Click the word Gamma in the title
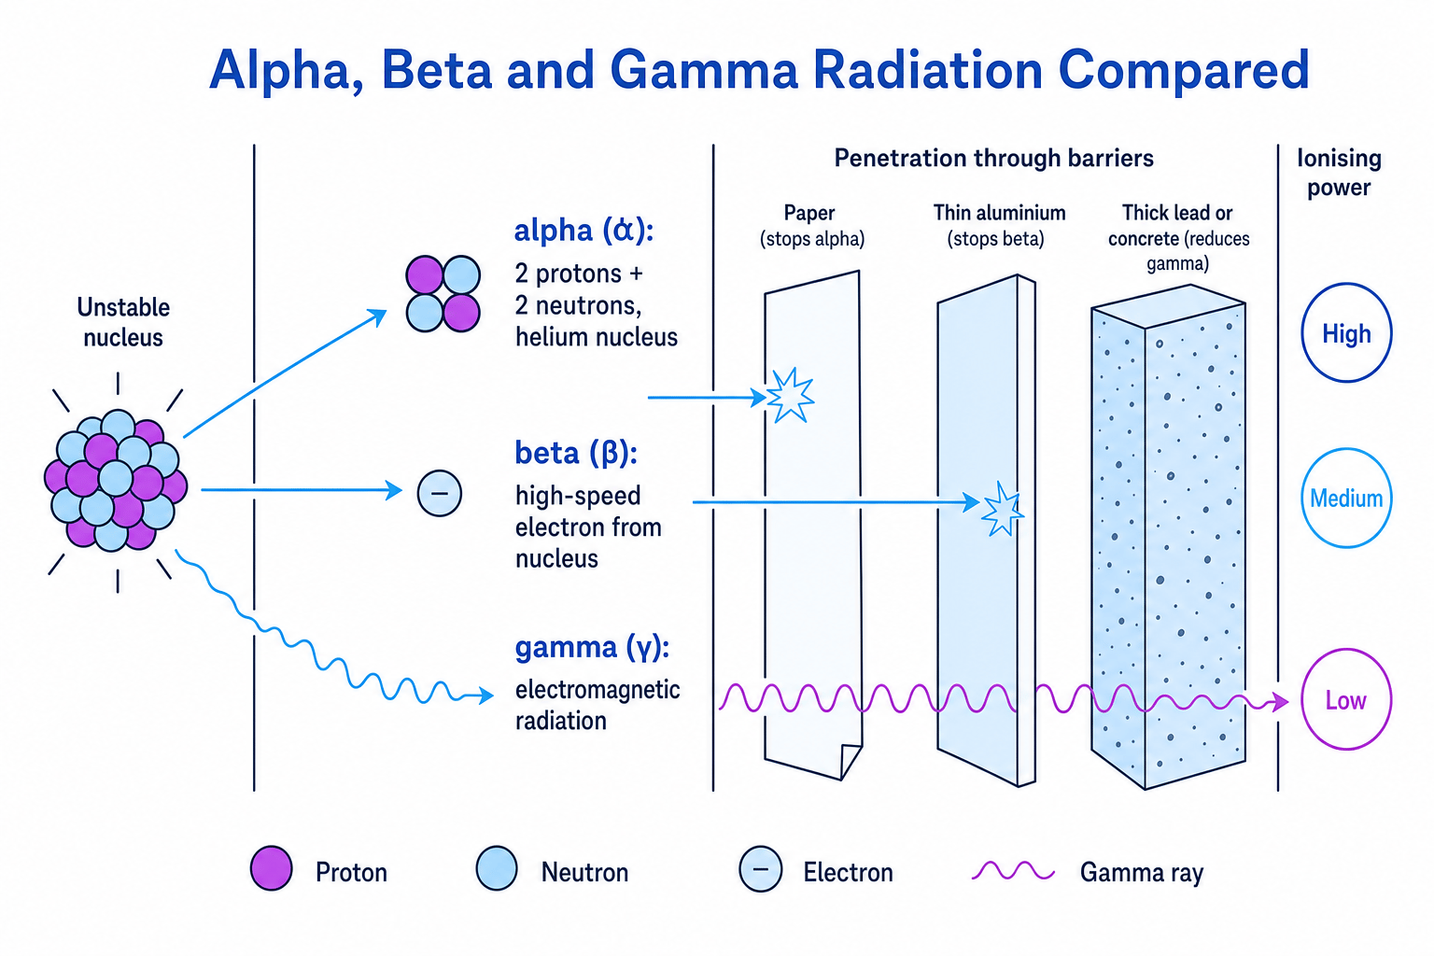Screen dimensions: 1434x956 click(x=704, y=70)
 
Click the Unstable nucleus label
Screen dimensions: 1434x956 click(x=123, y=322)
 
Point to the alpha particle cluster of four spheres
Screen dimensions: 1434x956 click(x=443, y=294)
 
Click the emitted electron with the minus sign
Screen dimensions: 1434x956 click(x=439, y=493)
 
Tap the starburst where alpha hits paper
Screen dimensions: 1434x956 click(x=791, y=396)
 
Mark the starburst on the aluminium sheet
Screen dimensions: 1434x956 click(x=1001, y=509)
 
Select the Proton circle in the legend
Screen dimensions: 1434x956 click(x=272, y=868)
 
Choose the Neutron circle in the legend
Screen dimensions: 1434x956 click(x=497, y=868)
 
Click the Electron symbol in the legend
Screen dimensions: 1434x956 click(x=761, y=869)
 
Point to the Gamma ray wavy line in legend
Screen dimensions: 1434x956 click(x=1013, y=872)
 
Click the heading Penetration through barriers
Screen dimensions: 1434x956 click(x=993, y=158)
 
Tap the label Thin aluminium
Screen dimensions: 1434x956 click(x=999, y=213)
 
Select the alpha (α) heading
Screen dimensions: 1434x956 click(x=583, y=231)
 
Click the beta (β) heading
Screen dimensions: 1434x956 click(x=576, y=454)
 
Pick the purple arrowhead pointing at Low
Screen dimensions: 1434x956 click(x=1280, y=702)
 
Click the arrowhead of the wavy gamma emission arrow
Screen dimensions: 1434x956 click(x=486, y=696)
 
